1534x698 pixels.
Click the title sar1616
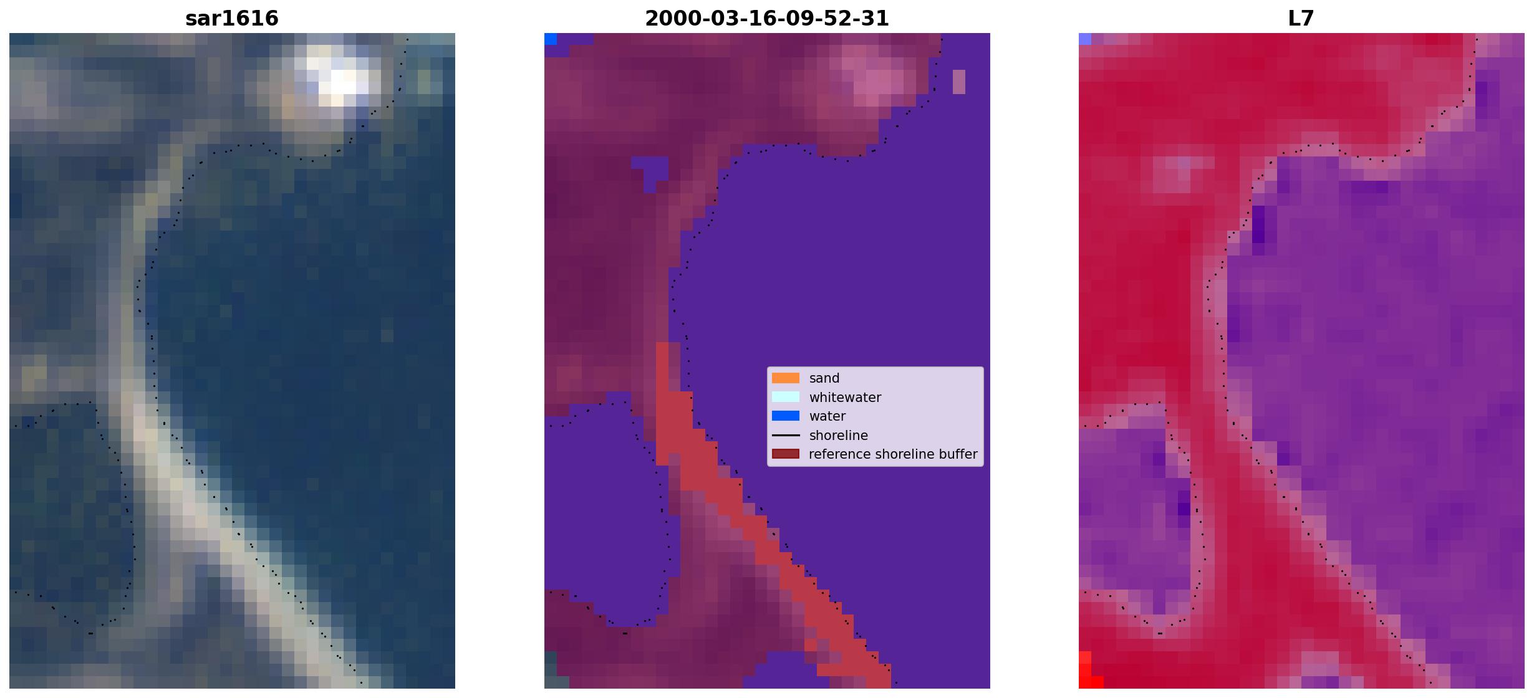pyautogui.click(x=232, y=19)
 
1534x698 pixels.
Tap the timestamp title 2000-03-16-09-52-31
pyautogui.click(x=767, y=19)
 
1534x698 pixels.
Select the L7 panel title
pyautogui.click(x=1301, y=19)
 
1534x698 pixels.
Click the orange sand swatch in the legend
pyautogui.click(x=786, y=378)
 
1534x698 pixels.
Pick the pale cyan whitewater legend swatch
pyautogui.click(x=786, y=397)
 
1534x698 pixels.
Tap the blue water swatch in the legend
pyautogui.click(x=786, y=416)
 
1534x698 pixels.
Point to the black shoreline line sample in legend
pyautogui.click(x=786, y=435)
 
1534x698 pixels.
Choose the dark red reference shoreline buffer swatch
pyautogui.click(x=786, y=454)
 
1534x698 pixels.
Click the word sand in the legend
pyautogui.click(x=824, y=378)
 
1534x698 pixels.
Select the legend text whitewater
pyautogui.click(x=845, y=398)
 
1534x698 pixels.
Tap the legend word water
pyautogui.click(x=827, y=416)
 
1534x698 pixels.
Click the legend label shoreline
pyautogui.click(x=839, y=436)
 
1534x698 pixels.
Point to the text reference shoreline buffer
pyautogui.click(x=893, y=454)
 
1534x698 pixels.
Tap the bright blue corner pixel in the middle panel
pyautogui.click(x=551, y=39)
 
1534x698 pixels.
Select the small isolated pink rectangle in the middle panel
pyautogui.click(x=959, y=82)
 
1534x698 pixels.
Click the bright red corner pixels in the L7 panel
pyautogui.click(x=1088, y=672)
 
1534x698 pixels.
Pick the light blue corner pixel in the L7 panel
pyautogui.click(x=1085, y=39)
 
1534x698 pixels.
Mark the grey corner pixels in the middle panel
pyautogui.click(x=551, y=670)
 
